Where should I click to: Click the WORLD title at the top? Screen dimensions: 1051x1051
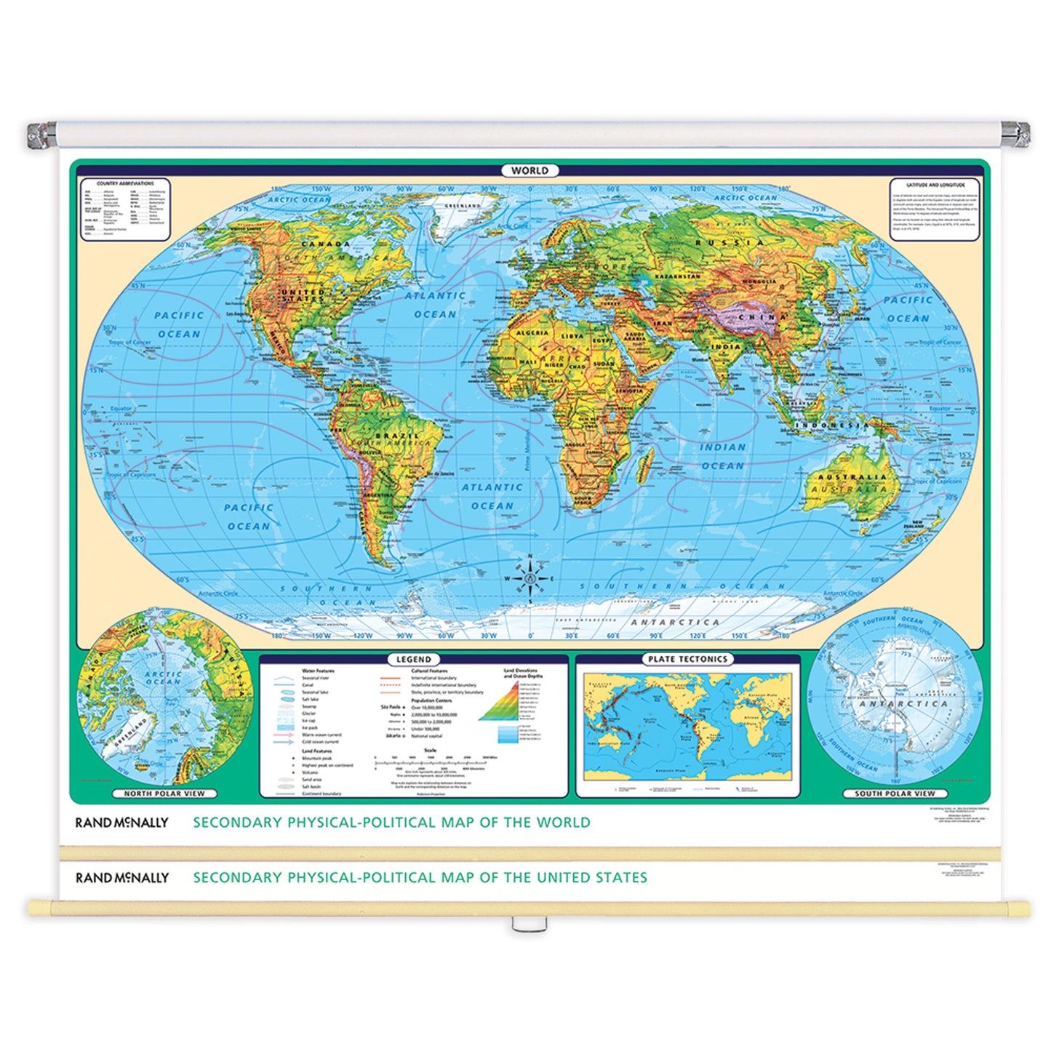coord(530,170)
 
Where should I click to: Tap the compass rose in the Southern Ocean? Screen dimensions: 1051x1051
coord(530,578)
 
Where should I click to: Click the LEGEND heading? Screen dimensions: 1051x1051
coord(414,659)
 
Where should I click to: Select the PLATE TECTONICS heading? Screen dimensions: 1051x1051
coord(687,659)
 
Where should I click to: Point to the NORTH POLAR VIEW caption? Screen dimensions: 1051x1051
coord(164,794)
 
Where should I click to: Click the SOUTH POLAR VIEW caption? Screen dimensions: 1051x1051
coord(895,794)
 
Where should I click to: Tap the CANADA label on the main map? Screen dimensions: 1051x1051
coord(326,244)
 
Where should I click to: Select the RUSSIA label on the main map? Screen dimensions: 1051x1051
coord(729,243)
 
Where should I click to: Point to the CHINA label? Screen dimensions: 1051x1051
coord(762,317)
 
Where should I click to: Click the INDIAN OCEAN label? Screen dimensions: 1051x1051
coord(722,456)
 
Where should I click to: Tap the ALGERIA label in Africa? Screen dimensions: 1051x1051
coord(532,333)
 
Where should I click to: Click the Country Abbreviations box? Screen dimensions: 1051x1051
coord(125,209)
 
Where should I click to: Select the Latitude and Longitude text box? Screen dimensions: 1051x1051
coord(935,209)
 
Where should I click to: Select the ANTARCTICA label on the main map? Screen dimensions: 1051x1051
coord(674,623)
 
